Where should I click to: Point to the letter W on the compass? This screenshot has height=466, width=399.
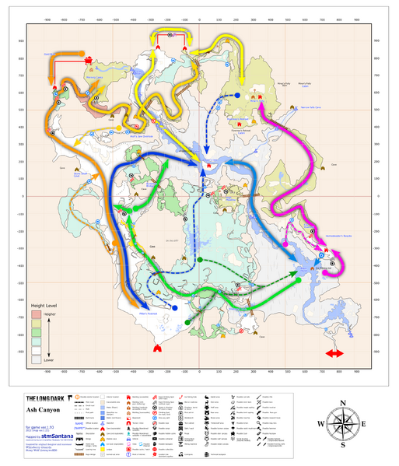pos(320,423)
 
